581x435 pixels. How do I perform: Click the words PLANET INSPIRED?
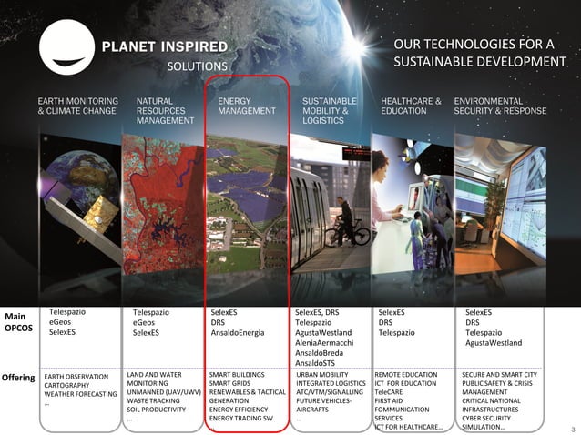pyautogui.click(x=165, y=46)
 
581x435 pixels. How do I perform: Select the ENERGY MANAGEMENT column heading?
pyautogui.click(x=246, y=106)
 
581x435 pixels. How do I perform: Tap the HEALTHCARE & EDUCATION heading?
pyautogui.click(x=410, y=106)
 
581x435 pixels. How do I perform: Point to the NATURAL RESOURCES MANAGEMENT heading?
pyautogui.click(x=165, y=110)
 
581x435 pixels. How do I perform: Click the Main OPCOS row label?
pyautogui.click(x=17, y=322)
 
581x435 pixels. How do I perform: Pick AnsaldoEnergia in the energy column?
pyautogui.click(x=238, y=333)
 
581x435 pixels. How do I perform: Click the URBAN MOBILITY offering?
pyautogui.click(x=323, y=374)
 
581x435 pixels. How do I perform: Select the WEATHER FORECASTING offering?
pyautogui.click(x=81, y=394)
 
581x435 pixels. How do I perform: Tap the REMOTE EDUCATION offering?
pyautogui.click(x=407, y=374)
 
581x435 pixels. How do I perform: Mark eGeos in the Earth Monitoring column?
pyautogui.click(x=61, y=322)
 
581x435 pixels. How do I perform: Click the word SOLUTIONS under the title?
pyautogui.click(x=197, y=66)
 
